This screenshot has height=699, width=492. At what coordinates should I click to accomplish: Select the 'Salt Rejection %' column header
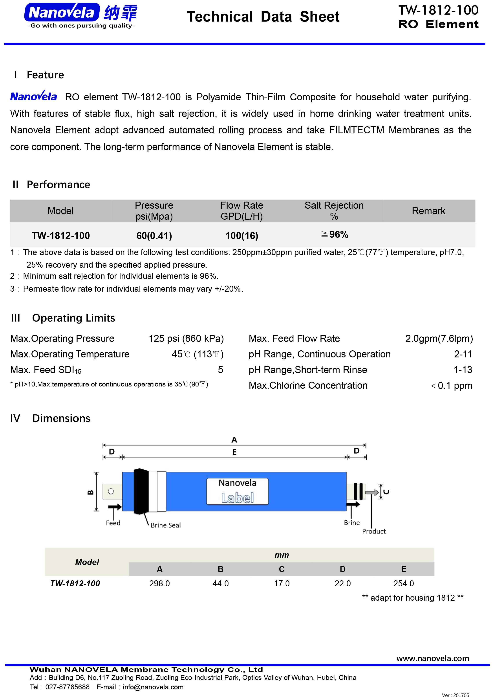[334, 211]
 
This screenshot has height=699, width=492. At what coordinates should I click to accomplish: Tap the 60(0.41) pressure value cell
[154, 236]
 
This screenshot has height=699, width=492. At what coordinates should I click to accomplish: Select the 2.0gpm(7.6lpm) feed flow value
[439, 338]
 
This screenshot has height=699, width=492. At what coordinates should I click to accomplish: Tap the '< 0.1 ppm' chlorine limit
[452, 386]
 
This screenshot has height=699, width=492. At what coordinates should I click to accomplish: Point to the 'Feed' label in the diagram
[113, 523]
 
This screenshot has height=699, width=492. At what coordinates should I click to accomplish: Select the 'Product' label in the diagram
[374, 531]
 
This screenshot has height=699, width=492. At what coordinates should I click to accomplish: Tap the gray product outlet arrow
[372, 492]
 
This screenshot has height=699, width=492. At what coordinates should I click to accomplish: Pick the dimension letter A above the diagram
[234, 440]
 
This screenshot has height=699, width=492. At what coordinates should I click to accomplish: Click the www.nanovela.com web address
[432, 659]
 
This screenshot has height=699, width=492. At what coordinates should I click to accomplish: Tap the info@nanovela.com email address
[153, 687]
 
